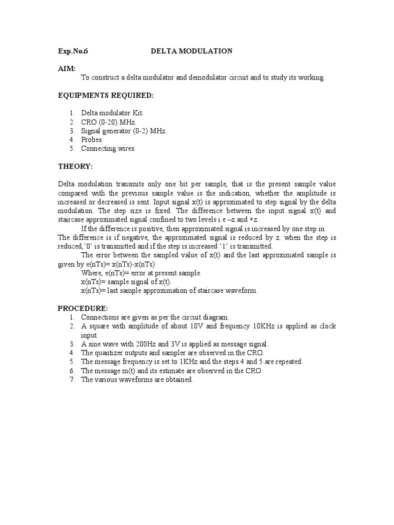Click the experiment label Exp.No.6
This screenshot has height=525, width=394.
(73, 51)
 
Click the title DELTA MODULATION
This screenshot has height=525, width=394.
(191, 51)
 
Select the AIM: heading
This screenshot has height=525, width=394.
(66, 68)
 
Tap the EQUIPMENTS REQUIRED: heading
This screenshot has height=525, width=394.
(105, 95)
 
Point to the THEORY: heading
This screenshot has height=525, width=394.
(75, 167)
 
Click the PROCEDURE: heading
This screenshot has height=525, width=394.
(83, 308)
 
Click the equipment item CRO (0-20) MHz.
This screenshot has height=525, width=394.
(104, 122)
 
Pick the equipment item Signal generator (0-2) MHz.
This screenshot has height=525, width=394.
(124, 131)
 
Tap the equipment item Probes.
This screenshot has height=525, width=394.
(92, 139)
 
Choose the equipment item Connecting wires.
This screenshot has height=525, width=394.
(108, 149)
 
